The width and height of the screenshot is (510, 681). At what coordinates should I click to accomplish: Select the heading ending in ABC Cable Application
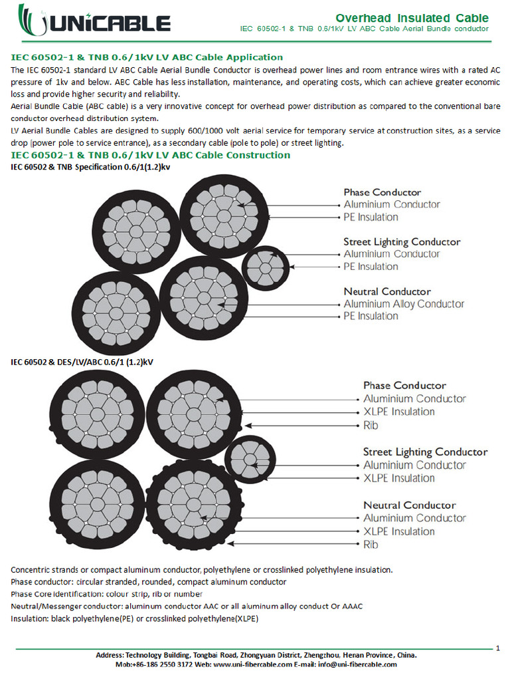pos(147,57)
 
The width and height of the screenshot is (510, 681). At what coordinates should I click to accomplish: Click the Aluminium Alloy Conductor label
pos(404,304)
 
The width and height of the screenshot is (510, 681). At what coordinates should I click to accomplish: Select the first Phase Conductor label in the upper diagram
pos(382,192)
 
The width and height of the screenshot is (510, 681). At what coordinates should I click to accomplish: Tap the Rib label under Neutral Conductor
pos(371,544)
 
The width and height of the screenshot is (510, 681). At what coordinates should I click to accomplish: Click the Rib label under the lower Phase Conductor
pos(371,425)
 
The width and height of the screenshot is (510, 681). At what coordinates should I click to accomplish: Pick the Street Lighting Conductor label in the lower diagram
pos(425,452)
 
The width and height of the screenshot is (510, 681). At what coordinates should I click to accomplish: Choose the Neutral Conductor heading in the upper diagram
pos(387,291)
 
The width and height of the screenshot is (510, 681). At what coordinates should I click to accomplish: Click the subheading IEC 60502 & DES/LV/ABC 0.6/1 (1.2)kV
pos(82,362)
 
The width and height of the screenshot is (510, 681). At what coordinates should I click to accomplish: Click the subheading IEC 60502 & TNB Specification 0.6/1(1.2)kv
pos(90,167)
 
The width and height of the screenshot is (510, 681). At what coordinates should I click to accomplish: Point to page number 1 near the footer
pos(498,646)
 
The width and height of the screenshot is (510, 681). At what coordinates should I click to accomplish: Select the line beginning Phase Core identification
pos(107,594)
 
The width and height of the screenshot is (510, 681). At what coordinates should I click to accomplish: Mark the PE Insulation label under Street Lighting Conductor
pos(371,267)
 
